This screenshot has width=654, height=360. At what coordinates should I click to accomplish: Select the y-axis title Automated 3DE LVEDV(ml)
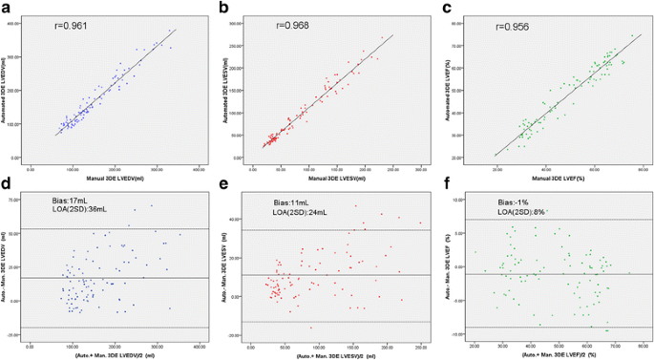(x=11, y=91)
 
